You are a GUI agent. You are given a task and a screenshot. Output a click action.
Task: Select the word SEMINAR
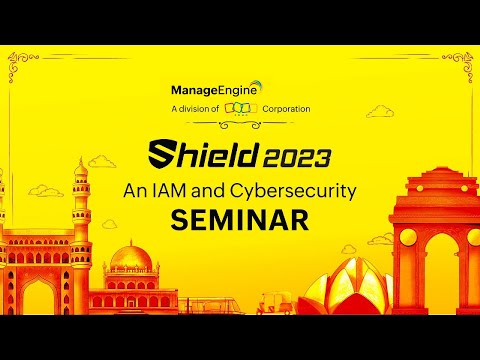click(238, 220)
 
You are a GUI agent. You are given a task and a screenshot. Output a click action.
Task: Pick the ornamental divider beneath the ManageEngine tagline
click(240, 126)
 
